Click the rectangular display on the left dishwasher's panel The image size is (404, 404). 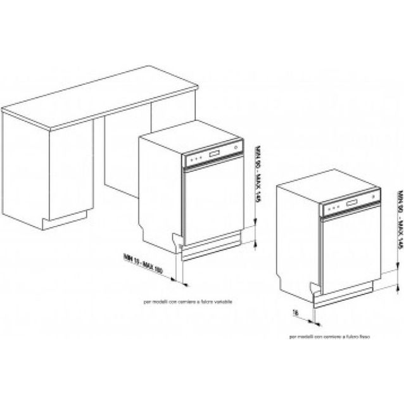click(214, 154)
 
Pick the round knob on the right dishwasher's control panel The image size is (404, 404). click(376, 201)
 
